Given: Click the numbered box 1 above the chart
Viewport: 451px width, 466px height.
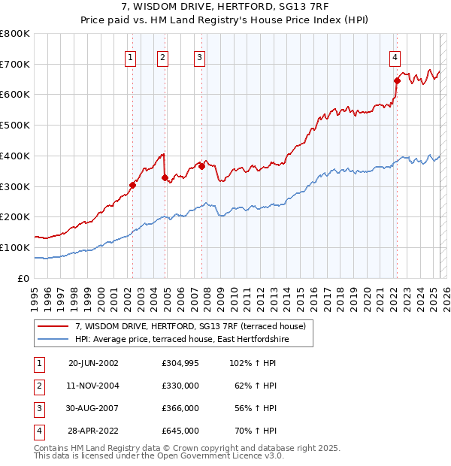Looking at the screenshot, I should coord(131,56).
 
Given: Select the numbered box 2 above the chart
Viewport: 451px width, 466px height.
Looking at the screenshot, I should coord(163,56).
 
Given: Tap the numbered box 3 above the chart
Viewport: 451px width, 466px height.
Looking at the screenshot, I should coord(200,56).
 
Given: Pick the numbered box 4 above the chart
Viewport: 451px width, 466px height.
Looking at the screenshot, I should coord(395,56).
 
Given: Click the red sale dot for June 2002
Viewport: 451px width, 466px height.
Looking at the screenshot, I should coord(133,184).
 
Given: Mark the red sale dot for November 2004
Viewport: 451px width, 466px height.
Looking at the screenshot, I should coord(165,177).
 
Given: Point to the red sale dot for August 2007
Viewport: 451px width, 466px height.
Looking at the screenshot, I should coord(202,165).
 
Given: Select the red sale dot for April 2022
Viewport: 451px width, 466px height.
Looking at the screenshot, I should coord(397,80).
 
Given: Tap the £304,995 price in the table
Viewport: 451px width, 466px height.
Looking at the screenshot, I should coord(180,363).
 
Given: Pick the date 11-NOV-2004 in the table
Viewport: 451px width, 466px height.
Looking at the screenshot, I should coord(93,386).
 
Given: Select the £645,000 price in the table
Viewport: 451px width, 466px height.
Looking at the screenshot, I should coord(180,431).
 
